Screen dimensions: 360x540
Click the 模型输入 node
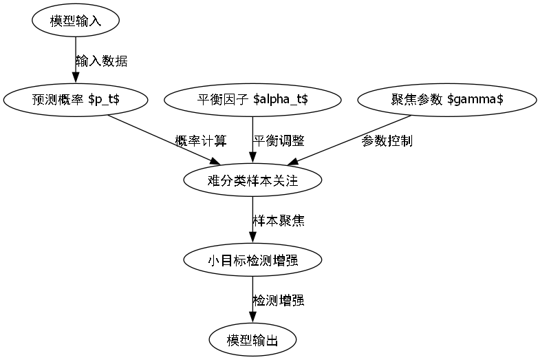click(76, 21)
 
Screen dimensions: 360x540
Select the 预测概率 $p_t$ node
click(76, 100)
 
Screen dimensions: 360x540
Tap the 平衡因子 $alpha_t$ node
click(252, 100)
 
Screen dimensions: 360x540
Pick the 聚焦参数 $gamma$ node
click(447, 100)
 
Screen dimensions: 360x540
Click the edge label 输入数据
click(101, 61)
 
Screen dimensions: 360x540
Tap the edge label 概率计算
click(201, 140)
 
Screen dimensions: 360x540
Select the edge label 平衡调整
click(279, 140)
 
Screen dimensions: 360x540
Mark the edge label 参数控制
click(387, 140)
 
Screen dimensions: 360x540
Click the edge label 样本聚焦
click(279, 221)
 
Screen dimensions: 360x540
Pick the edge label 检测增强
click(279, 300)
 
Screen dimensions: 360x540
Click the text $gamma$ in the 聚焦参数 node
click(475, 100)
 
